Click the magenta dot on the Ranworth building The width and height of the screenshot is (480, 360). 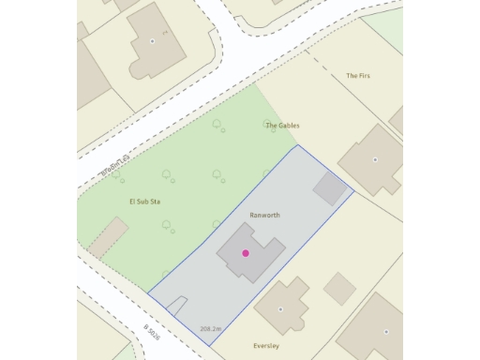coord(246,253)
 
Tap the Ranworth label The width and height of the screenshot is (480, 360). coord(264,215)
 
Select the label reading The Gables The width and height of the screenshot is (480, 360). coord(282,125)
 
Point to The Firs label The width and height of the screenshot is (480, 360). coord(358,75)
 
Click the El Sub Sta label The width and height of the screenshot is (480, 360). coord(145,202)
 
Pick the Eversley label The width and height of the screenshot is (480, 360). coord(266,345)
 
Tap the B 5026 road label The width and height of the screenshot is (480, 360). coord(152,333)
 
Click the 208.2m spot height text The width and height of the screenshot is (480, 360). coord(210,329)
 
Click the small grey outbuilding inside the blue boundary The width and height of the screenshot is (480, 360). coord(329,187)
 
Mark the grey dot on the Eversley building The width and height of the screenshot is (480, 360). coord(280,308)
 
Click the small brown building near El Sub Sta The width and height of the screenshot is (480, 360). coord(108,236)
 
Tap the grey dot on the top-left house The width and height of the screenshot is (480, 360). coord(152,41)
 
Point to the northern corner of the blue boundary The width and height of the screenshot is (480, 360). coord(297,145)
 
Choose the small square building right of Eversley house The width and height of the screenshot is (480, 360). coord(339,288)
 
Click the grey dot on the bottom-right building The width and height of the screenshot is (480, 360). coord(385,331)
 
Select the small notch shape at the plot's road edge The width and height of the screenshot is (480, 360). coord(178,305)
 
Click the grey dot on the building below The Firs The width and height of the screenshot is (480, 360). coord(375,159)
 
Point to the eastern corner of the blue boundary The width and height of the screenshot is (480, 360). coord(354,192)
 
